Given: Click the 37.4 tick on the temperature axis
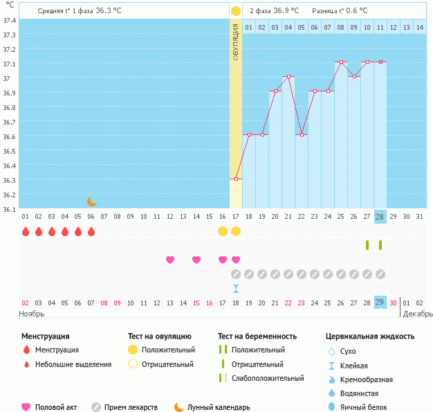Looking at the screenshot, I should pyautogui.click(x=9, y=20).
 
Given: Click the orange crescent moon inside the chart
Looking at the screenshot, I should pyautogui.click(x=92, y=201).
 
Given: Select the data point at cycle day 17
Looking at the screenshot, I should pyautogui.click(x=236, y=179).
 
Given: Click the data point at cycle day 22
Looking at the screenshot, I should pyautogui.click(x=301, y=134).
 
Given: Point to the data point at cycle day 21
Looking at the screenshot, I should pyautogui.click(x=288, y=76).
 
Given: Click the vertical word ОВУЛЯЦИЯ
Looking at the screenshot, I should pyautogui.click(x=236, y=42).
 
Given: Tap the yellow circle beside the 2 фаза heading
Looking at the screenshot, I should pyautogui.click(x=236, y=11).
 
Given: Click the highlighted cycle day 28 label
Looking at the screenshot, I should pyautogui.click(x=380, y=217).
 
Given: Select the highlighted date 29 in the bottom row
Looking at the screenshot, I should pyautogui.click(x=380, y=303).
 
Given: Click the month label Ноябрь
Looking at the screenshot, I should pyautogui.click(x=32, y=314).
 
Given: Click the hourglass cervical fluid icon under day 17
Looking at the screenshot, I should pyautogui.click(x=236, y=288).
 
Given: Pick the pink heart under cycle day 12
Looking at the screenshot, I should pyautogui.click(x=170, y=260).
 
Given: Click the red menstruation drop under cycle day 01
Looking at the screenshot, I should pyautogui.click(x=26, y=231).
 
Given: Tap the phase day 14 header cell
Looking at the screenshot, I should pyautogui.click(x=419, y=27).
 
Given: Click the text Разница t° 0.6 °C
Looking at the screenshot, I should pyautogui.click(x=340, y=11).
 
